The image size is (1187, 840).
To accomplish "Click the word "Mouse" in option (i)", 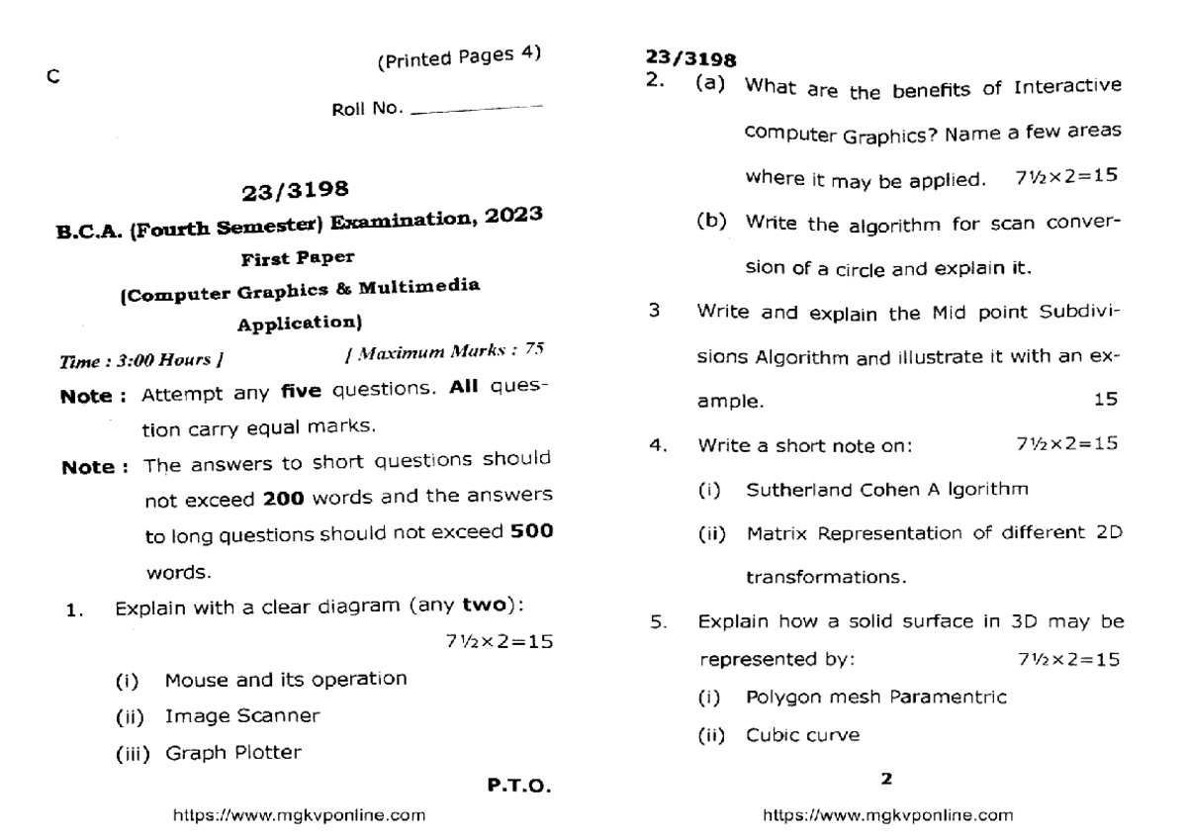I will click(191, 679).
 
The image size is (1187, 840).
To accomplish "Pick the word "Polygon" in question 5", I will click(777, 697).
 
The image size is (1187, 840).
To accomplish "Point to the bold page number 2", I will click(886, 779).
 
